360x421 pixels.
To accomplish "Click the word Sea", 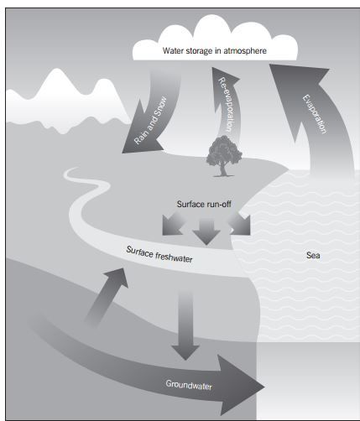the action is [313, 255].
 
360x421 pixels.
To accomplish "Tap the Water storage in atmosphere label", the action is [215, 50].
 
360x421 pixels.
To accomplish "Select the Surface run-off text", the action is [204, 204].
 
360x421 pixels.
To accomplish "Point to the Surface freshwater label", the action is [159, 254].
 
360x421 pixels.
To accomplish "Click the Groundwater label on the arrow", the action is [189, 385].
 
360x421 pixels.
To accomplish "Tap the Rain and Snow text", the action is [150, 121].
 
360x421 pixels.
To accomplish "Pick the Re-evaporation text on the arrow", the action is [226, 104].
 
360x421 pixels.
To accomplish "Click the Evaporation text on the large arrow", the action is [315, 114].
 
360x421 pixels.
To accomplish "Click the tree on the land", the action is [224, 156].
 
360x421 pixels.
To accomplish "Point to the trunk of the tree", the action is [223, 169].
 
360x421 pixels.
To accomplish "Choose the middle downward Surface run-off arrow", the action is [206, 231].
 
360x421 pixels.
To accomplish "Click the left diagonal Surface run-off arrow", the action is [172, 224].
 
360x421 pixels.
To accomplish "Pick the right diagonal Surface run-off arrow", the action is [240, 224].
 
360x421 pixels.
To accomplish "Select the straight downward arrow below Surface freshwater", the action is [185, 325].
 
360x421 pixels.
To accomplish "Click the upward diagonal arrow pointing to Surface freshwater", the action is [107, 297].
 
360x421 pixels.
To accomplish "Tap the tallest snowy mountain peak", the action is [57, 73].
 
